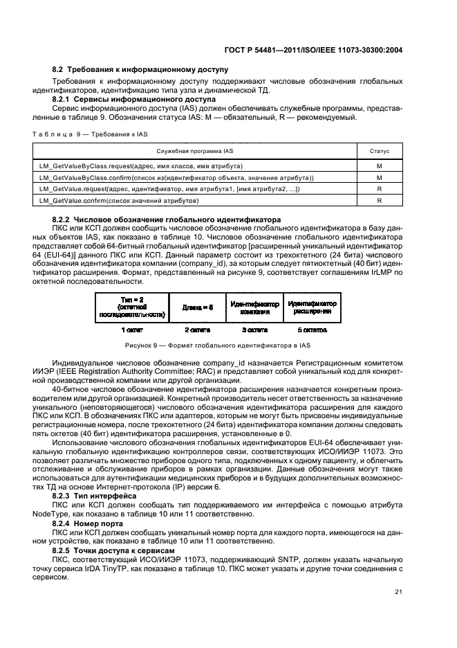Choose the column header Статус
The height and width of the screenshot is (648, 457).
coord(380,150)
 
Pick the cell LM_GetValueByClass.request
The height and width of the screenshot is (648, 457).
coord(140,167)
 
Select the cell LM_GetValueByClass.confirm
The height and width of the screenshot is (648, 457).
coord(176,178)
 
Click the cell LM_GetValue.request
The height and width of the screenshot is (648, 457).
coord(169,189)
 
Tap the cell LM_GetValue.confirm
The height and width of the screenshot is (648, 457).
coord(119,200)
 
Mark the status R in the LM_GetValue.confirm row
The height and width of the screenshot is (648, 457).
coord(380,200)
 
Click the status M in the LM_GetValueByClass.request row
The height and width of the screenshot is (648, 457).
coord(380,167)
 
